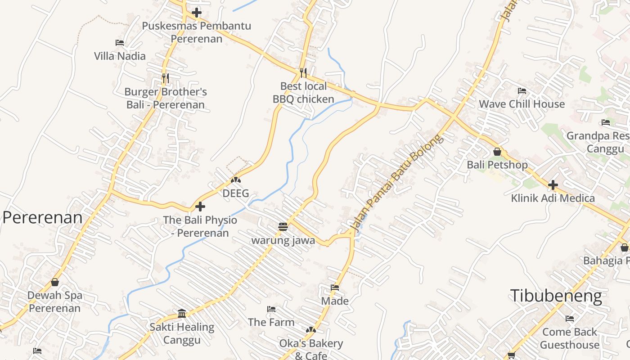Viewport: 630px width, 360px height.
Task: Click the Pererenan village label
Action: (x=43, y=218)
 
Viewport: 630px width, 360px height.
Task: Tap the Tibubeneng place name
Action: (x=556, y=296)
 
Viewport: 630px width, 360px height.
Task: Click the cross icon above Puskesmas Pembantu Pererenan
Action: (x=197, y=13)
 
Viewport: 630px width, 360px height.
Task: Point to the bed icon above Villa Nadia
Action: (x=120, y=43)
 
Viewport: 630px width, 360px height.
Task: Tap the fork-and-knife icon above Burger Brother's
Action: (x=165, y=78)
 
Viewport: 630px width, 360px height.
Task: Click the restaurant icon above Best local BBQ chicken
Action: (x=303, y=72)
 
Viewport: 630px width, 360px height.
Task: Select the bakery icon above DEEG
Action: (x=236, y=180)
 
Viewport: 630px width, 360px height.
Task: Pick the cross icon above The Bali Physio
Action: (x=200, y=207)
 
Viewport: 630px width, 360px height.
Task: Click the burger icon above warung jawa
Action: (x=283, y=227)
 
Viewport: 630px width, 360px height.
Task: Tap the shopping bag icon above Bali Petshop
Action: (x=497, y=152)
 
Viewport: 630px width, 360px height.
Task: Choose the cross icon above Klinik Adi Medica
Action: (x=553, y=184)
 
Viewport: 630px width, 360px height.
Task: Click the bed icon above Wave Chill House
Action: (x=522, y=91)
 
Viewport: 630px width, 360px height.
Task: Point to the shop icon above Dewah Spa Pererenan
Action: (x=55, y=282)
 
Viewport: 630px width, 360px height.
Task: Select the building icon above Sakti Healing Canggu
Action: (x=182, y=313)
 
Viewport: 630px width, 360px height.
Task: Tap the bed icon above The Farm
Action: (x=271, y=309)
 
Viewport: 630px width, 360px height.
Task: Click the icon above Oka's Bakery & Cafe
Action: (x=311, y=330)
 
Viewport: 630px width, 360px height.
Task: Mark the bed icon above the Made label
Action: (x=335, y=287)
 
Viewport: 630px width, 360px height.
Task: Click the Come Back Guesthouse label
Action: (x=570, y=338)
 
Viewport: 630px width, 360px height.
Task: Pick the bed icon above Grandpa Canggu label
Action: (x=606, y=122)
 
